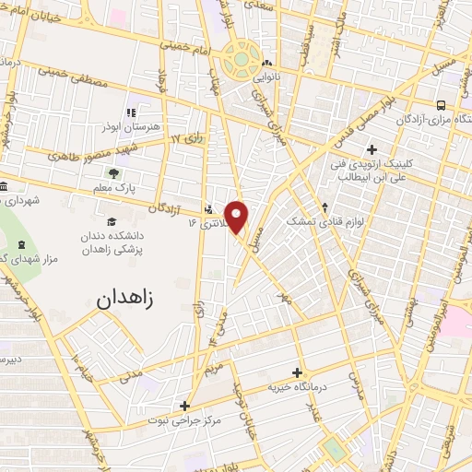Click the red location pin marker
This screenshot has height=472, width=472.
pos(237,216)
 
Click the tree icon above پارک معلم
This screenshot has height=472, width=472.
pos(113,172)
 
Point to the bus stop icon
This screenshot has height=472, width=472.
pos(441,105)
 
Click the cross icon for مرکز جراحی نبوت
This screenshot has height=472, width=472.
pos(184,406)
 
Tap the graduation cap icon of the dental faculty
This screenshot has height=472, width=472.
pos(112,221)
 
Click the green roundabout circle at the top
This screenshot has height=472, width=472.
pos(241,59)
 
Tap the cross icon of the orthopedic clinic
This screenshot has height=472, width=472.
pos(372,149)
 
